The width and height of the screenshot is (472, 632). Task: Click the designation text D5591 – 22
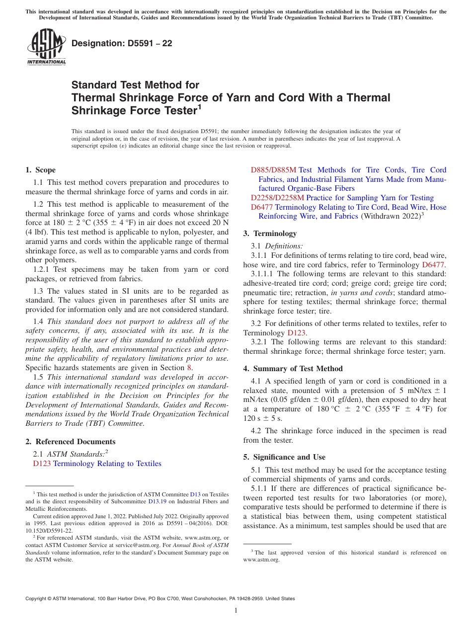click(122, 43)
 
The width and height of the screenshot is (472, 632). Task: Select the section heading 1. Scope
click(41, 170)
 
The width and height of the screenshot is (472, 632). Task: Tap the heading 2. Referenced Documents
click(71, 441)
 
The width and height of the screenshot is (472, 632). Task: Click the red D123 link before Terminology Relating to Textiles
click(42, 464)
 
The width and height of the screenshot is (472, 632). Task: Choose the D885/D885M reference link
click(273, 170)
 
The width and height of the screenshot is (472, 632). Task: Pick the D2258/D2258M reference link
click(277, 198)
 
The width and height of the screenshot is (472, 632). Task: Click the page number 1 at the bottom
click(236, 610)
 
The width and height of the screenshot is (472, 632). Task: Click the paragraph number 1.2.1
click(42, 269)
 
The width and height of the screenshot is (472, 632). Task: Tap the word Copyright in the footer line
click(38, 599)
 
